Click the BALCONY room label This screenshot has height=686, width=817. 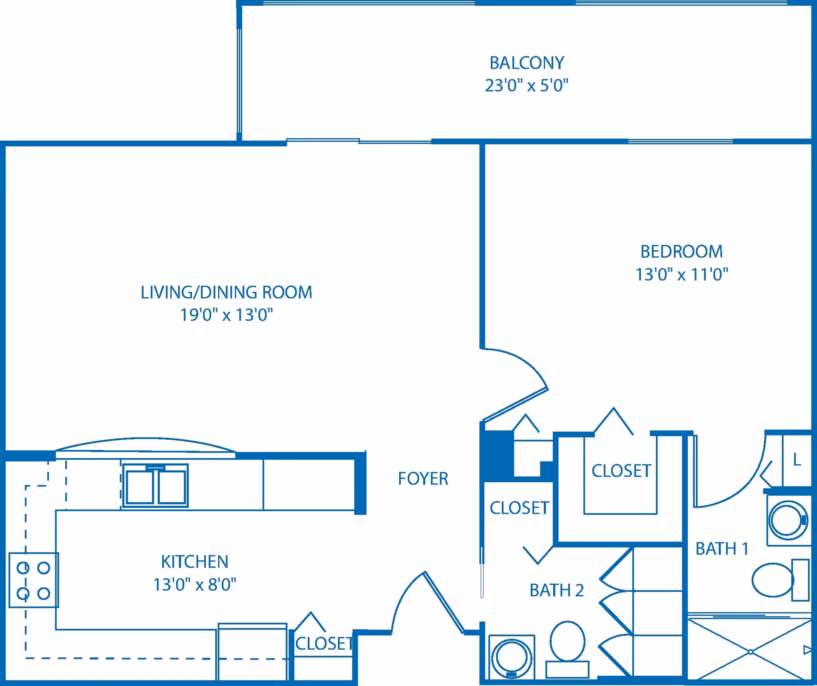click(526, 63)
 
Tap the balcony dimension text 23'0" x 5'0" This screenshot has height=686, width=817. click(526, 85)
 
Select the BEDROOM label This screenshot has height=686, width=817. click(681, 251)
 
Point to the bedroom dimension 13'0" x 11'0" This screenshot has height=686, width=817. click(681, 274)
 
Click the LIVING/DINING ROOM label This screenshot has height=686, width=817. click(226, 292)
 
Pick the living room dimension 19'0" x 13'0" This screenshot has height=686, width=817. click(226, 315)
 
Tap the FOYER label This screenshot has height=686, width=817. click(423, 478)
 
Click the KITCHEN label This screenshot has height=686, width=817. click(194, 562)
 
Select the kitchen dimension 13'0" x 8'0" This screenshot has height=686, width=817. click(194, 585)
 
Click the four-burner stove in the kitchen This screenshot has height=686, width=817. click(34, 580)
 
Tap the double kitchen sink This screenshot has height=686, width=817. click(155, 486)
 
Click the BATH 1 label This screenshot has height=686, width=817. click(722, 549)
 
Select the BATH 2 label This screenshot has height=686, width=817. click(556, 590)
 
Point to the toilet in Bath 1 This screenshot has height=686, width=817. click(773, 580)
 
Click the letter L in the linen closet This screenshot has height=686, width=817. click(797, 459)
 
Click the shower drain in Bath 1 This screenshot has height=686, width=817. click(751, 652)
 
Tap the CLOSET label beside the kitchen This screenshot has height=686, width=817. click(324, 643)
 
